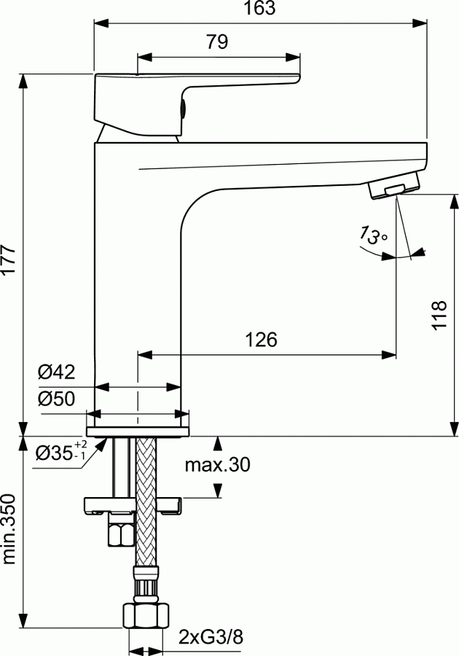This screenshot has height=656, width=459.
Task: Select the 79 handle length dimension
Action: point(216,42)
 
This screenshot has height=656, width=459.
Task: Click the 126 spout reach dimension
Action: point(260,340)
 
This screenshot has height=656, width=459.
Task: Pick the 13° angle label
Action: point(372,235)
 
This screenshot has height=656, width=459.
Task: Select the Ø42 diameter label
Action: point(56,372)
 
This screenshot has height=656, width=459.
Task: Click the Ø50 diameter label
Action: point(56,399)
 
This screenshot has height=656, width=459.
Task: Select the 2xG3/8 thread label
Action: point(211,638)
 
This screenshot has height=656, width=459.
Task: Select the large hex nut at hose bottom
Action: point(145,617)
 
